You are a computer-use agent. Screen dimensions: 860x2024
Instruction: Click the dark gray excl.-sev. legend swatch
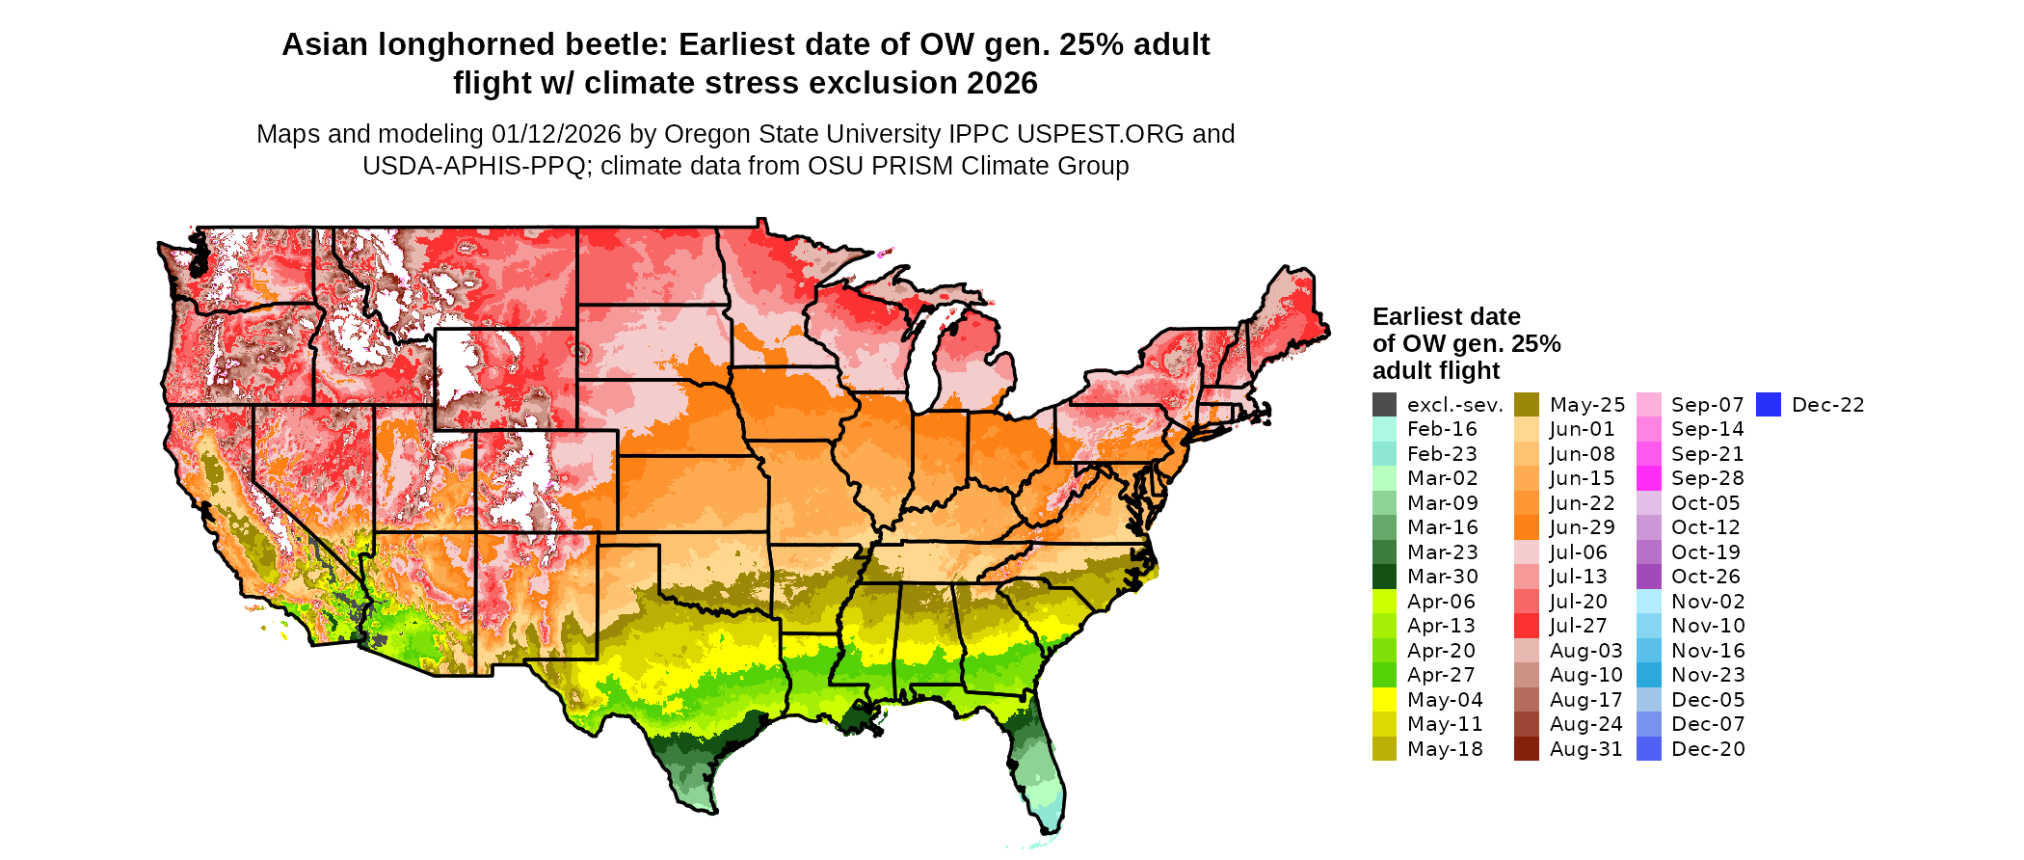[x=1384, y=405]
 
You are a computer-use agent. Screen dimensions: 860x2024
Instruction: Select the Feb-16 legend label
[x=1442, y=430]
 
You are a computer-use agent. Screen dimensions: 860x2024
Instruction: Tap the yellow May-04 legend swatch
[x=1384, y=700]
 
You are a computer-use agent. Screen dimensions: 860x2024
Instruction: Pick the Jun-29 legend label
[x=1582, y=527]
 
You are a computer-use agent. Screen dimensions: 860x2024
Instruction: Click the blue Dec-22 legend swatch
[x=1769, y=405]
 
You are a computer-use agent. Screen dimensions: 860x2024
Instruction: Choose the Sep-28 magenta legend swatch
[x=1648, y=479]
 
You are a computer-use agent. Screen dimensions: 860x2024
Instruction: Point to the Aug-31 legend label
[x=1585, y=749]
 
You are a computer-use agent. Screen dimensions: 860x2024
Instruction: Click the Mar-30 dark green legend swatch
[x=1384, y=577]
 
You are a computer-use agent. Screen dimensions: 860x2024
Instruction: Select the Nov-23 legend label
[x=1708, y=675]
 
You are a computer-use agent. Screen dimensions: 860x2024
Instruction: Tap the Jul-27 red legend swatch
[x=1527, y=626]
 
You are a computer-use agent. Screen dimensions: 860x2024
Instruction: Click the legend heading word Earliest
[x=1419, y=317]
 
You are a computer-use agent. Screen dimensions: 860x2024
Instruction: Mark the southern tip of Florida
[x=1052, y=830]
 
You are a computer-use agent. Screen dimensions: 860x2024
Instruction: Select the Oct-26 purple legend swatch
[x=1648, y=577]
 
